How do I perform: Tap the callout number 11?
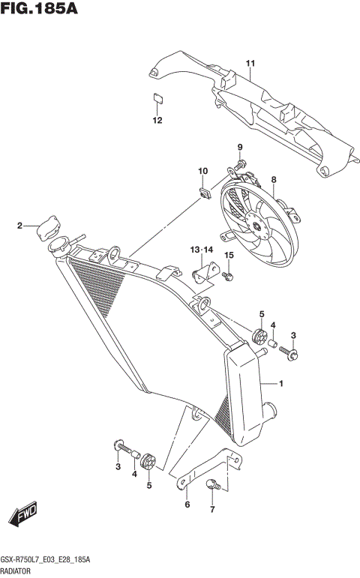coord(250,62)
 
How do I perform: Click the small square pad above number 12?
coord(157,97)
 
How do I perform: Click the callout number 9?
coord(241,147)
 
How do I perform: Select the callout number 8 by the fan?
coord(274,180)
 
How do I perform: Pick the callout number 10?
coord(202,172)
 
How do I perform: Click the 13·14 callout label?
coord(202,249)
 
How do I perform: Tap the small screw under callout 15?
coord(229,277)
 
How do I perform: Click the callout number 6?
coord(187,505)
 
